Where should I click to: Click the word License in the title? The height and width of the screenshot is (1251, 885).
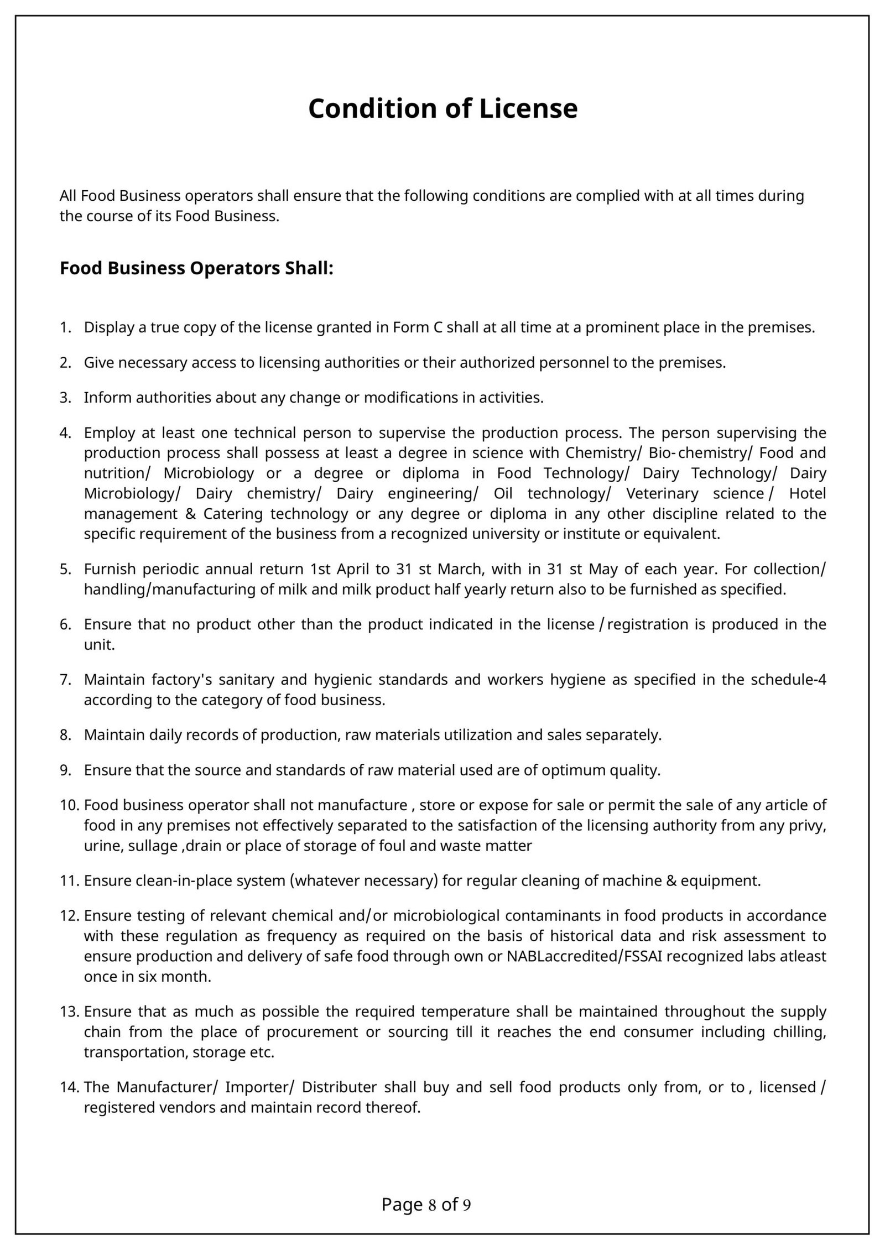click(528, 108)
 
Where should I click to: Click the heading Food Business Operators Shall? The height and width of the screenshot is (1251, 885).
click(196, 268)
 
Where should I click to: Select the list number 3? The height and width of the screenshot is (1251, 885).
click(64, 397)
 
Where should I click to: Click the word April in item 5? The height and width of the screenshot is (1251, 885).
click(353, 569)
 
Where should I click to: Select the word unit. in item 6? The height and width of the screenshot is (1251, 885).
click(99, 644)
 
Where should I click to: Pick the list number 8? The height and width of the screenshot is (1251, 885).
click(64, 734)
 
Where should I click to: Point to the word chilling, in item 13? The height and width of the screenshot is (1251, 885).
click(799, 1031)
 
